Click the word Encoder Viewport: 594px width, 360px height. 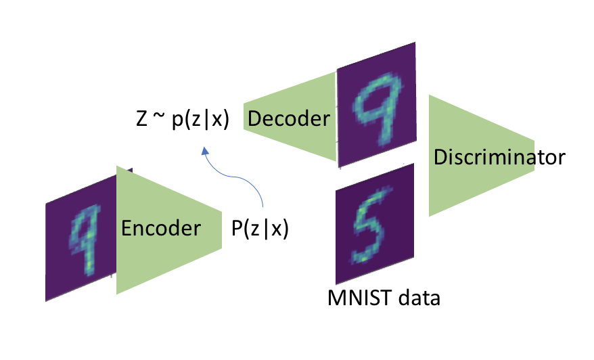point(160,229)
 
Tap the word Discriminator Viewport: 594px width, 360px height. point(499,157)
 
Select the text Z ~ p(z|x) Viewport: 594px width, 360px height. point(182,120)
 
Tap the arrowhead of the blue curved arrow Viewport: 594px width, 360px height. point(205,152)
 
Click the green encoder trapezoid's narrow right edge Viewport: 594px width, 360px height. point(221,229)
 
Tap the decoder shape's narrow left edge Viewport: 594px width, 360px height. point(244,119)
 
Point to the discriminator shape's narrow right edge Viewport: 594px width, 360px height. point(534,158)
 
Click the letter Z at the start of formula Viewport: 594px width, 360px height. point(140,120)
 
